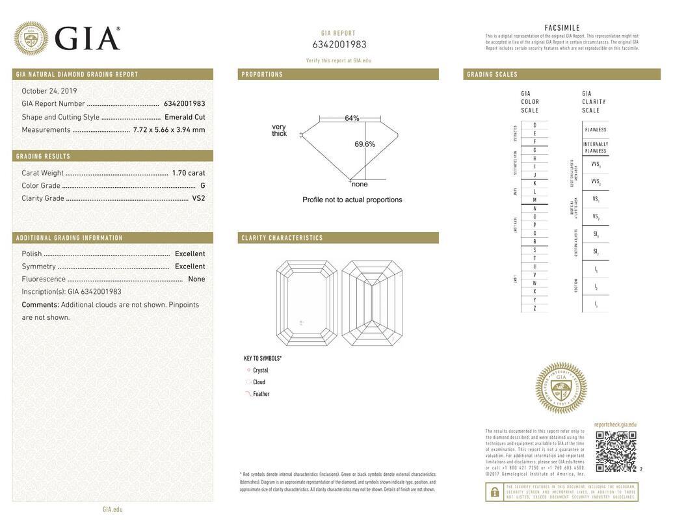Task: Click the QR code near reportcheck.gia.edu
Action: pos(616,451)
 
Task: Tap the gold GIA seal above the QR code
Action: pos(561,388)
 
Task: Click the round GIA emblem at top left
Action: pos(31,38)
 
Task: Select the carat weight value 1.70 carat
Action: pos(188,173)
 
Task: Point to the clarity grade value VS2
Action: pos(198,198)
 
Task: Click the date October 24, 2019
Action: pos(49,91)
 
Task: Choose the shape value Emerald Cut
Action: pos(185,117)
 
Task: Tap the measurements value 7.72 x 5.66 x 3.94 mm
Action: pos(169,130)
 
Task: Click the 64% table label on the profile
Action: pos(352,118)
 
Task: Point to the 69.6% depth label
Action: pos(365,144)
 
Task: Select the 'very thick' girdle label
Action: pos(279,130)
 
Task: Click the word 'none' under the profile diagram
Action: pos(360,185)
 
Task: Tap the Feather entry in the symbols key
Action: pos(261,394)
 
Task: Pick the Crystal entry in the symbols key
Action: pos(260,370)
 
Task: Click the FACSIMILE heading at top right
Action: pos(562,28)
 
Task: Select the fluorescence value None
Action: pos(196,279)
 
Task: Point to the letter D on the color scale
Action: pos(534,125)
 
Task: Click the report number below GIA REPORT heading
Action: pos(339,45)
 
